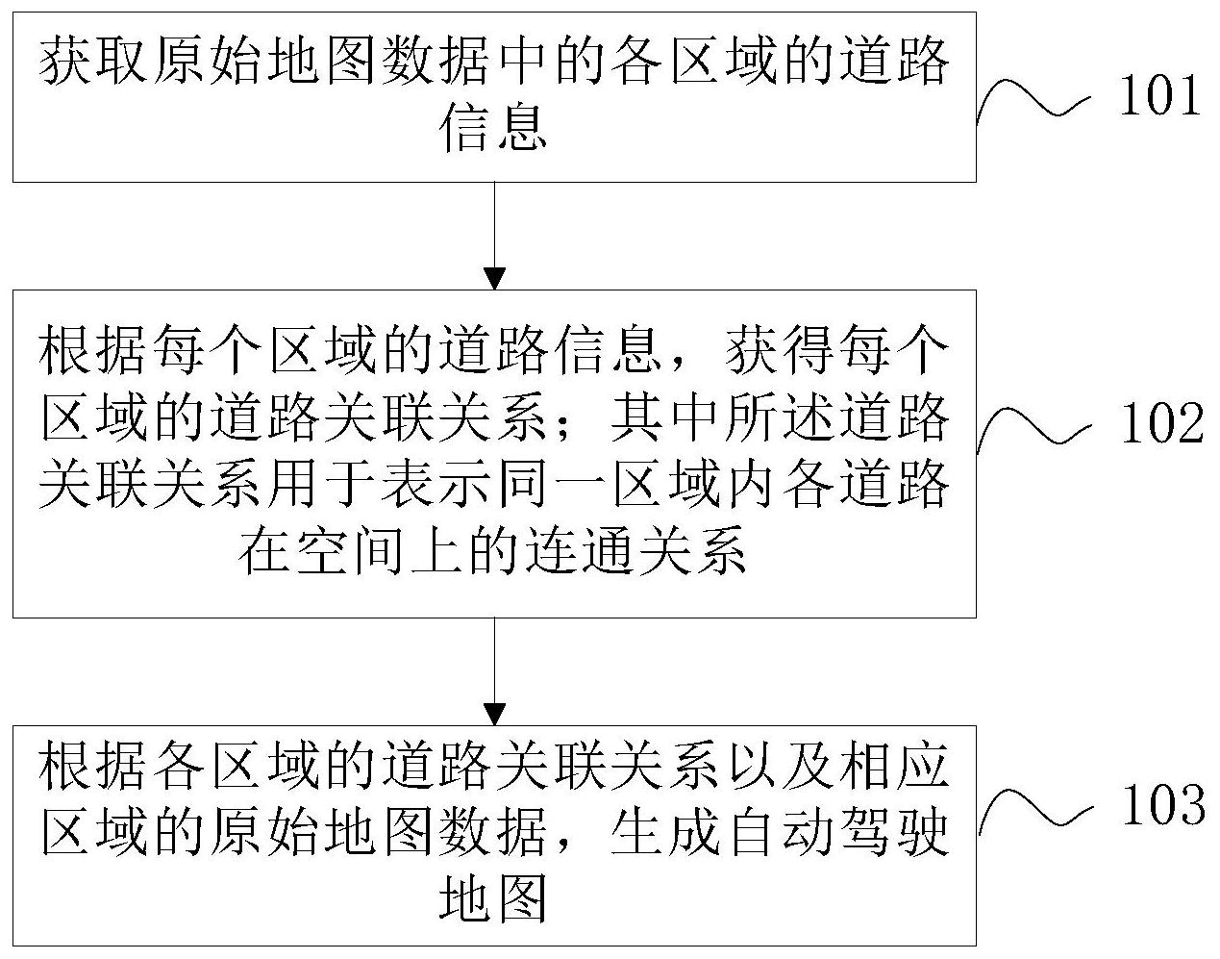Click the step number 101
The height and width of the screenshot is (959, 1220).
pyautogui.click(x=1159, y=97)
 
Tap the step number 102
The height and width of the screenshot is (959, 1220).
pyautogui.click(x=1161, y=423)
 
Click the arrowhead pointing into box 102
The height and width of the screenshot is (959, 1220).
pyautogui.click(x=494, y=278)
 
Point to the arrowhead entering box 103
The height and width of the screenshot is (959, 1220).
pyautogui.click(x=494, y=714)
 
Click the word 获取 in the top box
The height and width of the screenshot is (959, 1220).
pyautogui.click(x=94, y=64)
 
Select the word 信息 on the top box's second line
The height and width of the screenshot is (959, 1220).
pyautogui.click(x=493, y=129)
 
